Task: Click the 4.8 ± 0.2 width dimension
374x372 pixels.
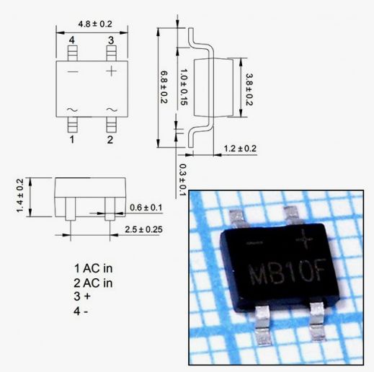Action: pos(95,24)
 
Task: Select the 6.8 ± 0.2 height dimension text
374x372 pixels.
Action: pos(164,87)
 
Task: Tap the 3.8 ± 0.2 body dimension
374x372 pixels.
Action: pos(249,89)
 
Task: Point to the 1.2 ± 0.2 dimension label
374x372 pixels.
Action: pos(240,149)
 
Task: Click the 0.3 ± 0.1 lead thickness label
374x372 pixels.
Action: pos(183,180)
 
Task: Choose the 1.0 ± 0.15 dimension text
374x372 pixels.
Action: pos(184,87)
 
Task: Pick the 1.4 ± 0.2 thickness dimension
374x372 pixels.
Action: pos(20,195)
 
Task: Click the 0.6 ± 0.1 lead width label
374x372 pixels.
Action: pos(146,208)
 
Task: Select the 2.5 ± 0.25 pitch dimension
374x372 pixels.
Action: pos(143,229)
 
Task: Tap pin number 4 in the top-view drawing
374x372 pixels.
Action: pos(71,40)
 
